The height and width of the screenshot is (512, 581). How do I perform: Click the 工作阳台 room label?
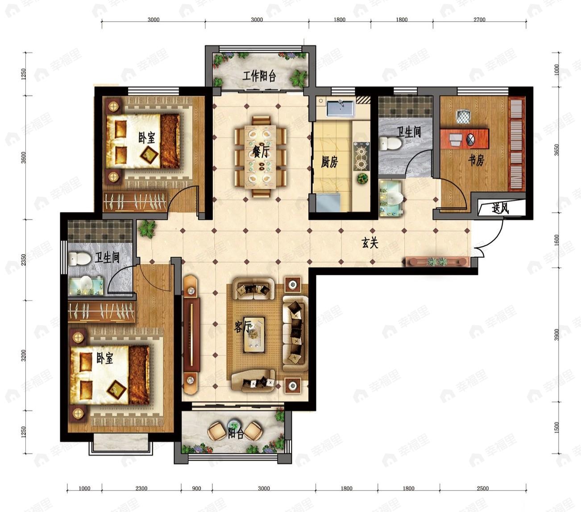click(259, 76)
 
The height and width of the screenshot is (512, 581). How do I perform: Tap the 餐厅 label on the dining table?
click(261, 152)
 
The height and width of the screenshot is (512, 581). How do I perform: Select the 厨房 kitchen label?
click(329, 162)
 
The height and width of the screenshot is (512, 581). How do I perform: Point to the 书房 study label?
click(476, 160)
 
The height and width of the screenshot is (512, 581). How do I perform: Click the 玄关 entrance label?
click(369, 243)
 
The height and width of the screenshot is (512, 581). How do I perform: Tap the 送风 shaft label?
click(500, 208)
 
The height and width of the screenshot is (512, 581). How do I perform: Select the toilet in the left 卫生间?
click(79, 258)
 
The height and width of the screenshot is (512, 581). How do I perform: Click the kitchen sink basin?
click(340, 108)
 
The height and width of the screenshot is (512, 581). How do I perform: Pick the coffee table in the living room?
click(254, 334)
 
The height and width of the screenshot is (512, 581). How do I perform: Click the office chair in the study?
click(464, 117)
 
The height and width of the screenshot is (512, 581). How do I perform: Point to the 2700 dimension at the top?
click(480, 20)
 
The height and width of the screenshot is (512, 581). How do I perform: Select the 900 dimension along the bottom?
click(196, 488)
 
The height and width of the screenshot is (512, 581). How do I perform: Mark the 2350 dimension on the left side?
click(24, 260)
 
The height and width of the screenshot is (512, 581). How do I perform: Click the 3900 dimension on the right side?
click(556, 334)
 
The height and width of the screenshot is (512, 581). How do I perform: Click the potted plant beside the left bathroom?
click(147, 228)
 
